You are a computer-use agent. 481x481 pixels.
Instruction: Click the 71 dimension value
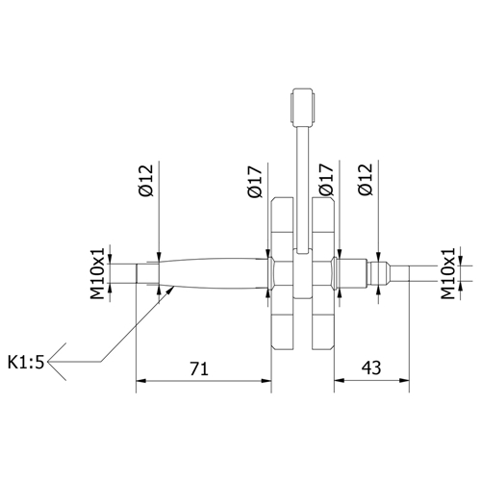pos(200,368)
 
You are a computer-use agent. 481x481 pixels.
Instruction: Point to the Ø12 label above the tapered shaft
pos(145,184)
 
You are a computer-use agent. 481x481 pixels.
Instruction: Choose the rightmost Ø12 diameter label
pos(364,184)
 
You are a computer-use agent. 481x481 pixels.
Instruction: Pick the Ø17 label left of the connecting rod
pos(256,184)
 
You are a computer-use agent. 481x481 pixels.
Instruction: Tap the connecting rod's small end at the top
pos(303,105)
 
